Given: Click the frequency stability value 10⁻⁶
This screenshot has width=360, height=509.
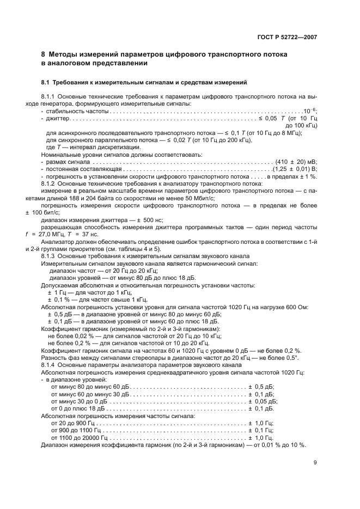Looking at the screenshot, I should click(x=310, y=111).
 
